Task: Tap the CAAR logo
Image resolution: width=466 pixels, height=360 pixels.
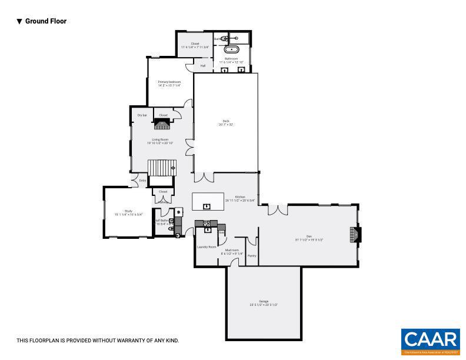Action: point(430,341)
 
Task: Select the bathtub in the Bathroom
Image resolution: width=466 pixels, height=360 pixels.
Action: point(231,49)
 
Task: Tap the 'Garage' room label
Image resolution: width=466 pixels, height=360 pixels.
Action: point(263,301)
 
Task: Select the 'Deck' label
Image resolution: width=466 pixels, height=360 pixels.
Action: point(225,122)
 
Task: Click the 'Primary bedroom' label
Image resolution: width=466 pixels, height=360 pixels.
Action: point(169,82)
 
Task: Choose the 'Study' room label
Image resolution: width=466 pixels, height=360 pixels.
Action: point(128,211)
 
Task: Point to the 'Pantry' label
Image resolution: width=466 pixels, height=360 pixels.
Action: point(252,256)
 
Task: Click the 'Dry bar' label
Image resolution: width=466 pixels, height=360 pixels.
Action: point(142,115)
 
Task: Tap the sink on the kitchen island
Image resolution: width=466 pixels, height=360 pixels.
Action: point(207,205)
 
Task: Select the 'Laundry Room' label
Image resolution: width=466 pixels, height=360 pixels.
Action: point(207,247)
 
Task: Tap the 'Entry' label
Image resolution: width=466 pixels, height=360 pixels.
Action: point(142,181)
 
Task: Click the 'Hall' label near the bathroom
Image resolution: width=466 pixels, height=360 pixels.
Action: point(203,66)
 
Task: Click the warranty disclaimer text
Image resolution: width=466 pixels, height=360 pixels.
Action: point(98,341)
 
